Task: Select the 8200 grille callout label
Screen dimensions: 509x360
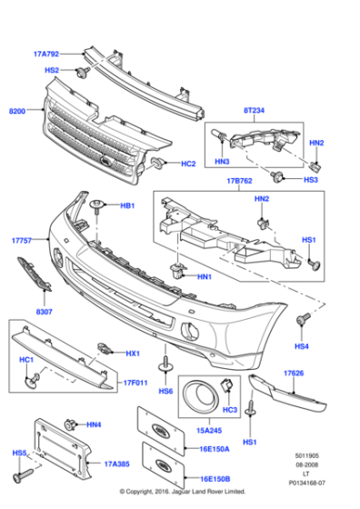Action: (x=17, y=110)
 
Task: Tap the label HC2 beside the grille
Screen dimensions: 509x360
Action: (x=188, y=164)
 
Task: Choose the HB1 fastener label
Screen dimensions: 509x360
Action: (x=127, y=206)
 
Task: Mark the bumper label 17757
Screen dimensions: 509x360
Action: (x=22, y=241)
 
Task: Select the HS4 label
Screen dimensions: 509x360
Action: (x=301, y=346)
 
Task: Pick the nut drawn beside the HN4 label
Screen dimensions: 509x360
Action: (x=71, y=424)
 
